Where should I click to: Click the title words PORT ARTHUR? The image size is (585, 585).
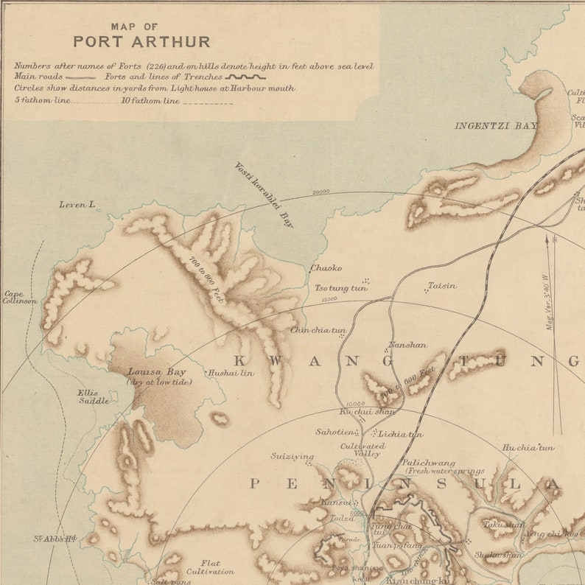click(x=141, y=41)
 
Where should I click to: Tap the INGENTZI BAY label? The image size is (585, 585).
click(x=495, y=126)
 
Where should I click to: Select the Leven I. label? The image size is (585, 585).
click(x=77, y=204)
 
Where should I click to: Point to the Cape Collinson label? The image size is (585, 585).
click(x=20, y=297)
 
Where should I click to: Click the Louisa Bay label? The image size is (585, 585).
click(x=155, y=372)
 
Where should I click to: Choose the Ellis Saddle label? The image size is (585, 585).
click(x=94, y=396)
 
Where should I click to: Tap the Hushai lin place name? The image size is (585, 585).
click(x=231, y=373)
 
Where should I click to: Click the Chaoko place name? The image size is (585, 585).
click(x=325, y=268)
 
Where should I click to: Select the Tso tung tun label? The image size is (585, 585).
click(x=340, y=288)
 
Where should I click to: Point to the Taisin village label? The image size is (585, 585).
click(x=442, y=285)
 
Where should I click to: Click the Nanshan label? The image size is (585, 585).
click(x=407, y=344)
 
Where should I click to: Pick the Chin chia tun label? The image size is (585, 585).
click(x=318, y=331)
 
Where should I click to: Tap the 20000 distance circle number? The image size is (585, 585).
click(x=320, y=192)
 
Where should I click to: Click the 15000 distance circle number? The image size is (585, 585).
click(x=329, y=299)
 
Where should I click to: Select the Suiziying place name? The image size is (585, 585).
click(x=292, y=456)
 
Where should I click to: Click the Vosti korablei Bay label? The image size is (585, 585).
click(x=263, y=195)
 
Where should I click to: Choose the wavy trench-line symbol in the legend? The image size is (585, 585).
click(x=245, y=76)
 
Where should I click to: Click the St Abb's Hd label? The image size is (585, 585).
click(x=55, y=539)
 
